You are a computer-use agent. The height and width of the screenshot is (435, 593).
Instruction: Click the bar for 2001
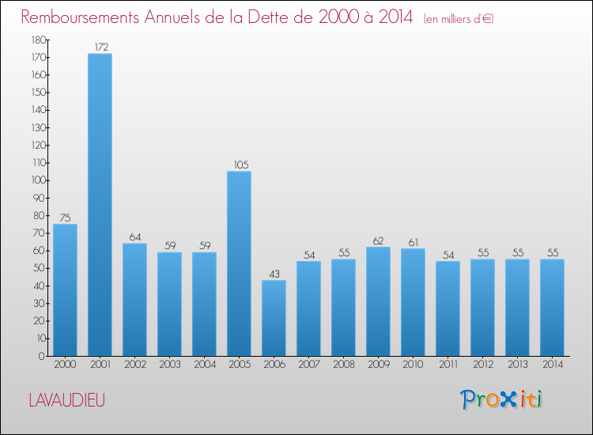[100, 205]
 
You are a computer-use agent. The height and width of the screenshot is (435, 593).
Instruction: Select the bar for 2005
[239, 263]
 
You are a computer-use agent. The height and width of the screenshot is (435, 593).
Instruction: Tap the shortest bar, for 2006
[274, 318]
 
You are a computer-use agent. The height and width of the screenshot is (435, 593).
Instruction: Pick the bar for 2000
[65, 290]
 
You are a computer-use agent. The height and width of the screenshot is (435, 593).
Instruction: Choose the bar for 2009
[378, 301]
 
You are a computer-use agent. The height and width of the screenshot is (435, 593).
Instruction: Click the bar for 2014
[552, 308]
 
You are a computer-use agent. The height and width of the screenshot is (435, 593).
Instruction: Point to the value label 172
[101, 47]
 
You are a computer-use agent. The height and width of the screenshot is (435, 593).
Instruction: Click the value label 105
[241, 165]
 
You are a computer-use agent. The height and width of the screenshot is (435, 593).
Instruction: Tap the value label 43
[274, 274]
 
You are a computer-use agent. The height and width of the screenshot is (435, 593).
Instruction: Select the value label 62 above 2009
[378, 241]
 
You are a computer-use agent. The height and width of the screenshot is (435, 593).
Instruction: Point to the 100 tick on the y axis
[39, 180]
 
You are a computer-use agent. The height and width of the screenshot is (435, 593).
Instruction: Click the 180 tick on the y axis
[39, 40]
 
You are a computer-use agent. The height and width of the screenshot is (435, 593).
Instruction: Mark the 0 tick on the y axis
[42, 356]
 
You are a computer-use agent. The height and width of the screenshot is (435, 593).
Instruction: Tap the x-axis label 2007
[309, 365]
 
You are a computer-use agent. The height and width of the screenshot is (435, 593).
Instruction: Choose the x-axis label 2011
[448, 365]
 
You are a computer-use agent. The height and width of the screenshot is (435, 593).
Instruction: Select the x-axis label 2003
[170, 365]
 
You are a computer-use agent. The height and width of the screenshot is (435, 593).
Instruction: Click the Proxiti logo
[501, 399]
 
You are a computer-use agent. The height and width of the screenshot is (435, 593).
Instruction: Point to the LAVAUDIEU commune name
[67, 400]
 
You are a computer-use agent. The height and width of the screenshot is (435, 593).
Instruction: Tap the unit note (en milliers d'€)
[459, 19]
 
